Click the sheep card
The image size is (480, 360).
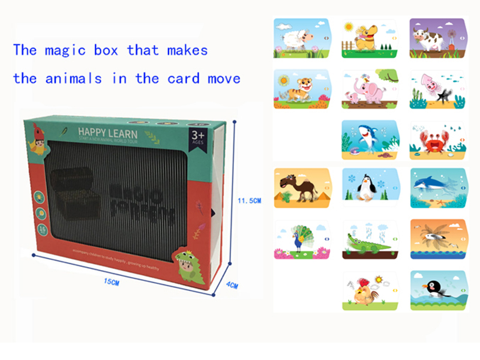tap(302, 38)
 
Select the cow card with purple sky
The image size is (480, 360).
tap(437, 38)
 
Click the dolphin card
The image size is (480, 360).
tap(437, 188)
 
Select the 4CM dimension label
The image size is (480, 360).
tap(232, 286)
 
